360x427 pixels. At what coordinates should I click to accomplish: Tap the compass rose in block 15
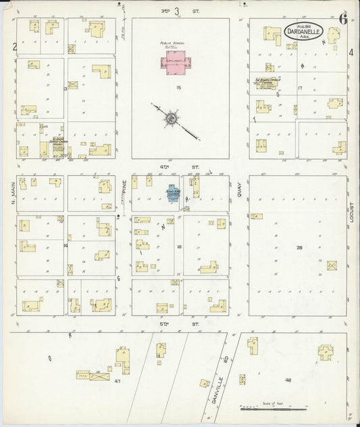coord(172,120)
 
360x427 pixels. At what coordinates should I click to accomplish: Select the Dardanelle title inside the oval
coord(307,31)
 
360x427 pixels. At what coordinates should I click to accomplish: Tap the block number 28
coord(299,248)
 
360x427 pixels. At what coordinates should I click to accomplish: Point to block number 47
coord(117,382)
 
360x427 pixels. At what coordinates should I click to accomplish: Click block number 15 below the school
coord(178,88)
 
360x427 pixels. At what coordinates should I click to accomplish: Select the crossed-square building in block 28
coord(332,266)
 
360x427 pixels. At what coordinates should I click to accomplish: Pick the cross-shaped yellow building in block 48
coord(326,352)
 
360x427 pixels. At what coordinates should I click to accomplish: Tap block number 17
coord(299,89)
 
